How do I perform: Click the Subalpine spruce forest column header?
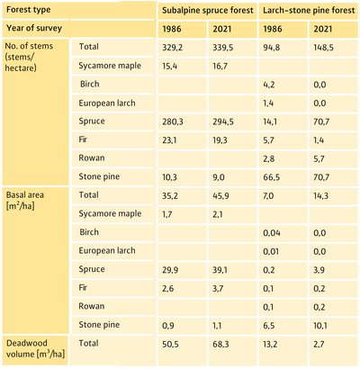pyautogui.click(x=208, y=11)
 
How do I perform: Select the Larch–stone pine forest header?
pyautogui.click(x=309, y=11)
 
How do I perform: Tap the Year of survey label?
pyautogui.click(x=34, y=28)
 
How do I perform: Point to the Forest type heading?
pyautogui.click(x=29, y=10)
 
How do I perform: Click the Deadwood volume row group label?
pyautogui.click(x=35, y=348)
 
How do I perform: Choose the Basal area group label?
pyautogui.click(x=25, y=201)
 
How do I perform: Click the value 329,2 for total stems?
pyautogui.click(x=172, y=48)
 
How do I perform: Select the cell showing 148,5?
pyautogui.click(x=323, y=48)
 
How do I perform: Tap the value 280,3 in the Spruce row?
pyautogui.click(x=173, y=121)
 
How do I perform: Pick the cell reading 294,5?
pyautogui.click(x=223, y=121)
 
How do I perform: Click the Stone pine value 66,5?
pyautogui.click(x=271, y=177)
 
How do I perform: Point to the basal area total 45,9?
pyautogui.click(x=220, y=196)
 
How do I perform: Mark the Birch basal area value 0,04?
pyautogui.click(x=272, y=233)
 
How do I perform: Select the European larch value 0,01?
pyautogui.click(x=271, y=251)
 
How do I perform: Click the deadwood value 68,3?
pyautogui.click(x=220, y=344)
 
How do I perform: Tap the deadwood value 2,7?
pyautogui.click(x=319, y=344)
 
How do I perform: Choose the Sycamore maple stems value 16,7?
pyautogui.click(x=220, y=67)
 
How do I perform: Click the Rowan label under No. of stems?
pyautogui.click(x=92, y=157)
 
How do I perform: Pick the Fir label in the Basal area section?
pyautogui.click(x=83, y=287)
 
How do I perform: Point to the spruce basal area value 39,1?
pyautogui.click(x=220, y=270)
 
